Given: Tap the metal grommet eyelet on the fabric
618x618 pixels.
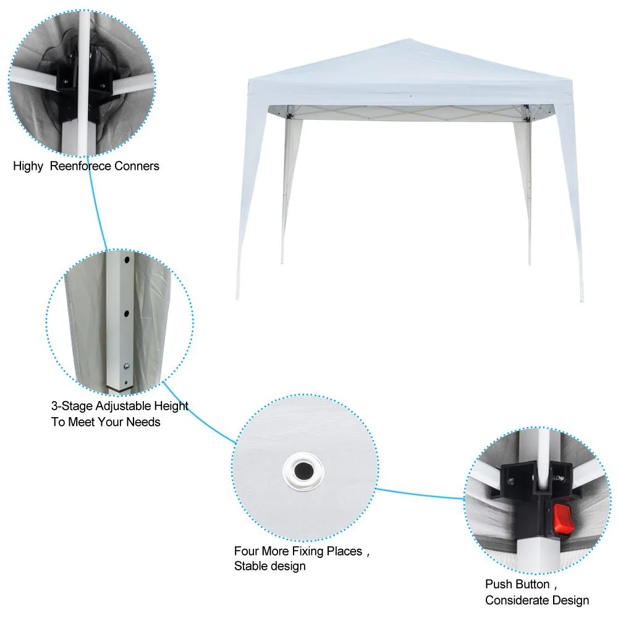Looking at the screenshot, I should pyautogui.click(x=303, y=472).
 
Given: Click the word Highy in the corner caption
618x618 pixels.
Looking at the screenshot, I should pyautogui.click(x=28, y=166).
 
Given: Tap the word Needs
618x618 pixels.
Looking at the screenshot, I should pyautogui.click(x=143, y=422).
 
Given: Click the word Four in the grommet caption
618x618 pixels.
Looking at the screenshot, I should pyautogui.click(x=247, y=551).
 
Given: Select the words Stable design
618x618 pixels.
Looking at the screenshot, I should pyautogui.click(x=269, y=566).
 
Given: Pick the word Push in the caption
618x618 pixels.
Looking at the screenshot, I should pyautogui.click(x=499, y=585).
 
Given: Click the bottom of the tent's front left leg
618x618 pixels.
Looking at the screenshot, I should pyautogui.click(x=237, y=298).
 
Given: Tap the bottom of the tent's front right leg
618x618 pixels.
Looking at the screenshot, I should pyautogui.click(x=580, y=301).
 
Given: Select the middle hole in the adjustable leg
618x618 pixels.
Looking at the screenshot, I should pyautogui.click(x=127, y=314).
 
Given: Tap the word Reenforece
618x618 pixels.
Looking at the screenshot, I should pyautogui.click(x=82, y=166).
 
